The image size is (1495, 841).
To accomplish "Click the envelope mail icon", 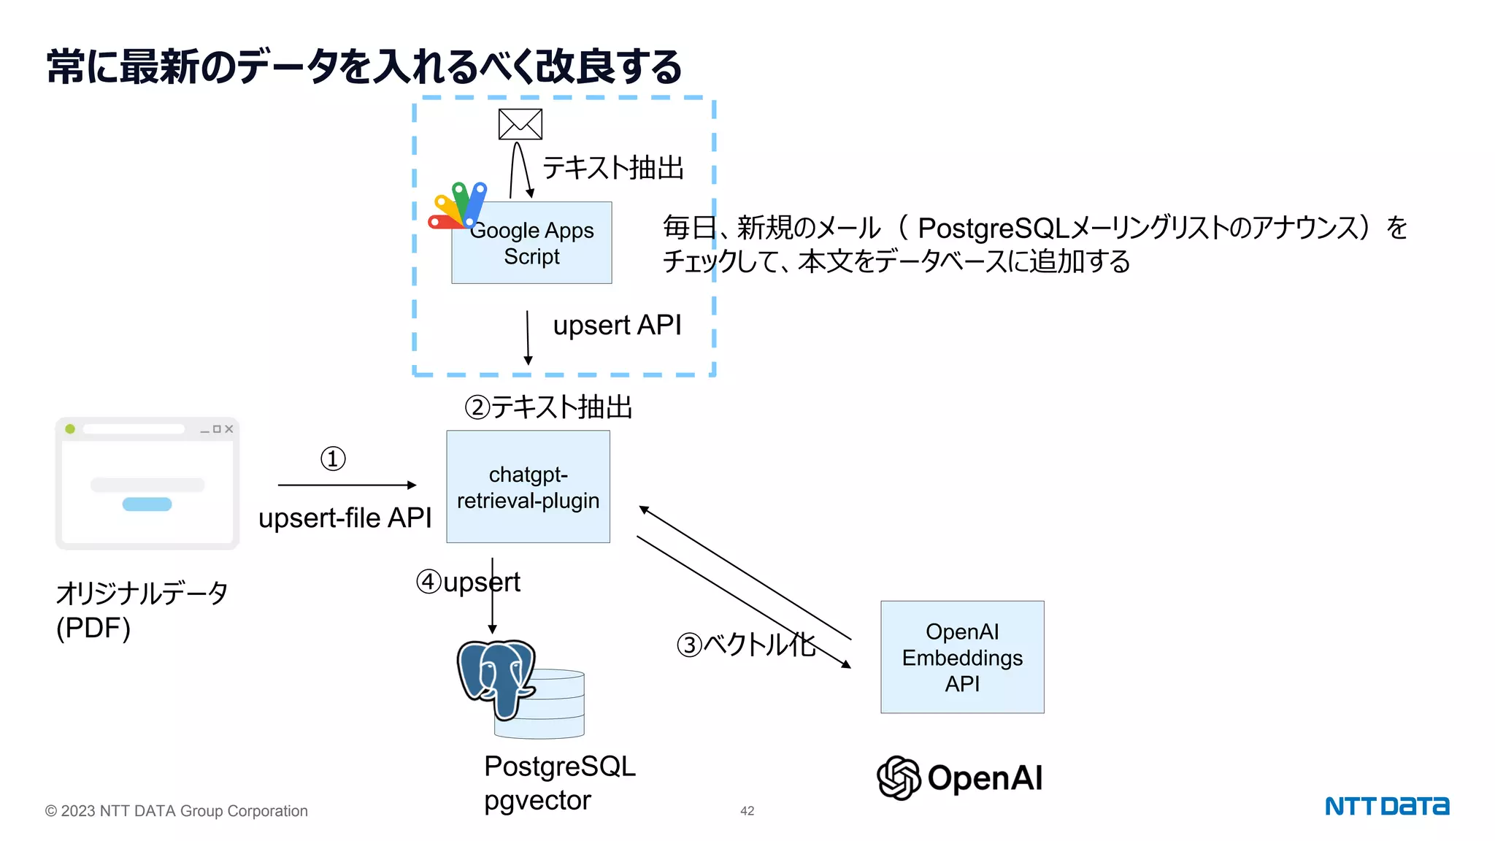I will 520,124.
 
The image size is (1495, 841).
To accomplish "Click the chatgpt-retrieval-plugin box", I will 528,487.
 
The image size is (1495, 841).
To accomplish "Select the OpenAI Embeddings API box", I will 961,657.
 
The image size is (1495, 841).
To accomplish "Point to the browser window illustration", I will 147,483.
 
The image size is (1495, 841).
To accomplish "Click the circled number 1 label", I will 333,459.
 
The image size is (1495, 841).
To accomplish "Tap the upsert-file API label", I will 345,518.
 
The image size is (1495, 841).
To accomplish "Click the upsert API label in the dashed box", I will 617,326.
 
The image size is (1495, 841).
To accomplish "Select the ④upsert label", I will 468,583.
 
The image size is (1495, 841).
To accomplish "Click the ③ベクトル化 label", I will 745,645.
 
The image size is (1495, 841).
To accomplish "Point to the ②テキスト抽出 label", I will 548,407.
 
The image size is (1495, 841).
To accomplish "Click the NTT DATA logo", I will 1386,806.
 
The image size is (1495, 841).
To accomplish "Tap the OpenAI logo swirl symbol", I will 898,777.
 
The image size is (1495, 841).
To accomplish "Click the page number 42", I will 747,811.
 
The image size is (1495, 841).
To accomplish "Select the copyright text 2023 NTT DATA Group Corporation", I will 177,811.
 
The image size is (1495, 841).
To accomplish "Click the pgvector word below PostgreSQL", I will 537,801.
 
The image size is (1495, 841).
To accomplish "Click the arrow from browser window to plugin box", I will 347,485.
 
